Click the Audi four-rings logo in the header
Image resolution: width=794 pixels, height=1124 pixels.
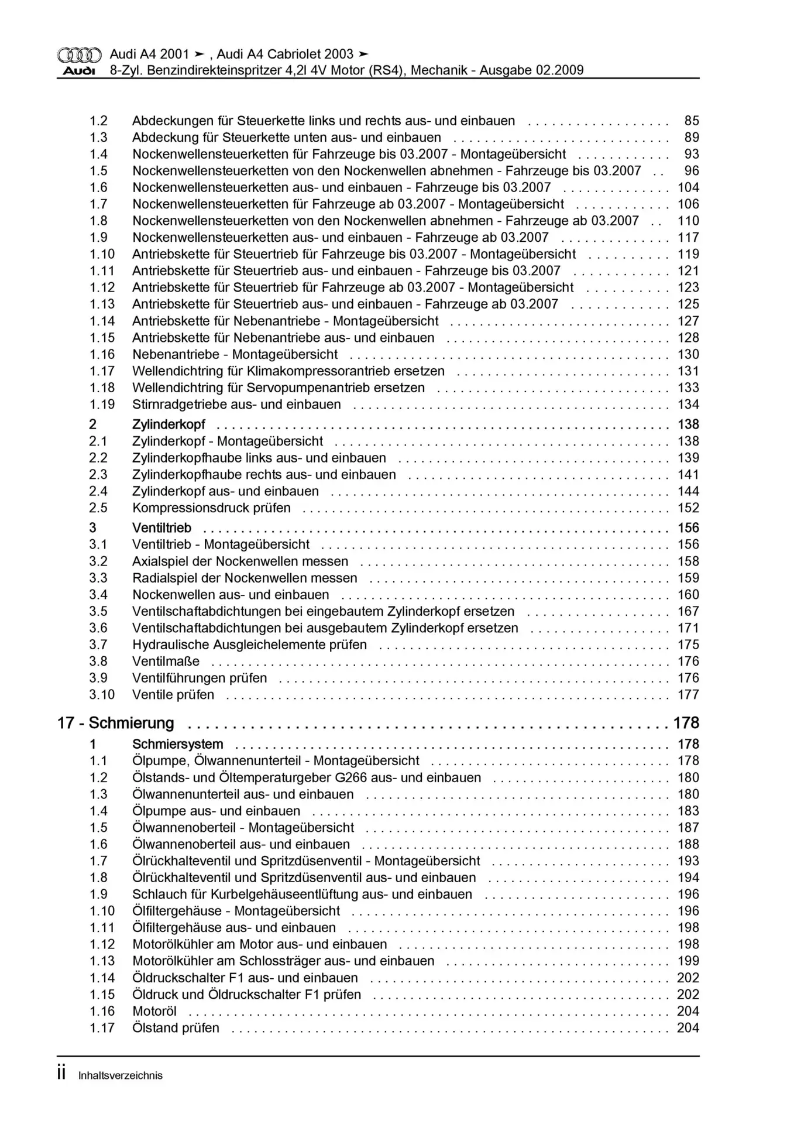pos(79,55)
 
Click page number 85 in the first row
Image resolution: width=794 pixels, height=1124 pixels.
pos(692,121)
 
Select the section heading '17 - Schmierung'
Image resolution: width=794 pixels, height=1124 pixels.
pos(116,724)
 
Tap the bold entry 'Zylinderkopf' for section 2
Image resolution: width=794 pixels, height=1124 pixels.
pos(169,424)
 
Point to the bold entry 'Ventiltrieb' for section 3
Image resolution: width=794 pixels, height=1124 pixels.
pos(161,528)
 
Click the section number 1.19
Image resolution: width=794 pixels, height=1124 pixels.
pos(102,405)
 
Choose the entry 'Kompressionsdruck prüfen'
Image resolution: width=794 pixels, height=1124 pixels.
pos(211,508)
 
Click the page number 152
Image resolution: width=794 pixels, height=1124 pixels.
pos(688,508)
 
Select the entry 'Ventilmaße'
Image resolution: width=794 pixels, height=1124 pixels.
pos(166,662)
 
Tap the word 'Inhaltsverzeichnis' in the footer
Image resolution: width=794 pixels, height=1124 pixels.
pos(121,1075)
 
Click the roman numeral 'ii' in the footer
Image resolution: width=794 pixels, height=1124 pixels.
pos(61,1074)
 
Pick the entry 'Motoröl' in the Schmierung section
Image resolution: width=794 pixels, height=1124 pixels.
pos(154,1011)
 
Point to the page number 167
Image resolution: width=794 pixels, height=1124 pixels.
pos(688,611)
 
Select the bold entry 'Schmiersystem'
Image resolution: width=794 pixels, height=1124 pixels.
pos(177,744)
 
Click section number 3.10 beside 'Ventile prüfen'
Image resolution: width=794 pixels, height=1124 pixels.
pos(102,695)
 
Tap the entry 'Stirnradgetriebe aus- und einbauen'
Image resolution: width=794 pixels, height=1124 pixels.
pos(236,405)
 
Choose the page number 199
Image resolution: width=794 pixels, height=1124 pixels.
pos(688,961)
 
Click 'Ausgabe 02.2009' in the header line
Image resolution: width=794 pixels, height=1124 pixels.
pos(531,71)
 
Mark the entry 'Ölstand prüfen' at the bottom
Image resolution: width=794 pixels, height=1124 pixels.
pos(176,1028)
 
